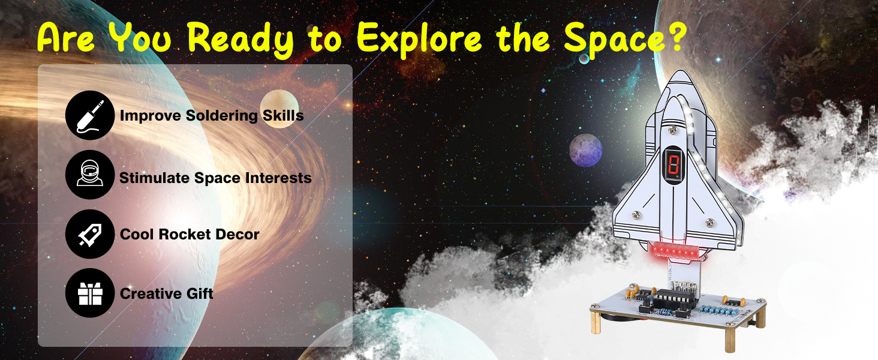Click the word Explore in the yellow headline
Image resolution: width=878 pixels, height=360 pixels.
(x=419, y=38)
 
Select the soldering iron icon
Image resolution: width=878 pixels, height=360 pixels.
(x=90, y=115)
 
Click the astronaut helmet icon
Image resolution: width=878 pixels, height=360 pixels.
(x=90, y=175)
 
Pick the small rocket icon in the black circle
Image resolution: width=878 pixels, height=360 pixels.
(x=90, y=234)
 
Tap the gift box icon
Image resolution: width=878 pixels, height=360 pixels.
(x=90, y=293)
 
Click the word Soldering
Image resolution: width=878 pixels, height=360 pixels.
(x=221, y=116)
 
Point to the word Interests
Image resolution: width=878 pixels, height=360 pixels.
(x=278, y=178)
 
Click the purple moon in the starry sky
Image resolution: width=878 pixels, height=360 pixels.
(x=586, y=151)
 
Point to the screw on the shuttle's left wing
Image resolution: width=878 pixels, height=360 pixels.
(x=636, y=215)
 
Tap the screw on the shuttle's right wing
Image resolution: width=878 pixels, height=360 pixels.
(x=709, y=223)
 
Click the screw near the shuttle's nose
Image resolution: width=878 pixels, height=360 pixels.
(x=673, y=130)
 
